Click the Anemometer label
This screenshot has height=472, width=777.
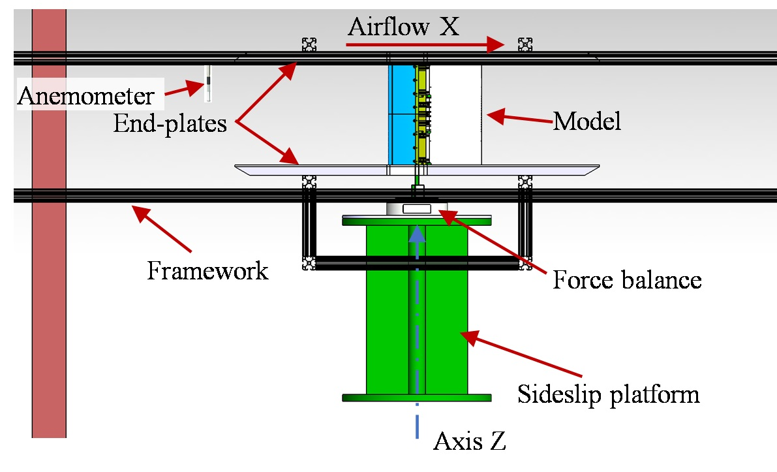86,97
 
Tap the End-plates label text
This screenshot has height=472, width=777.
170,123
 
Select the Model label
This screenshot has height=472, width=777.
587,121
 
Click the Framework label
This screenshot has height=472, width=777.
207,270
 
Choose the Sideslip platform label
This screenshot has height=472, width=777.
608,394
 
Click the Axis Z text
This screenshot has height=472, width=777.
469,442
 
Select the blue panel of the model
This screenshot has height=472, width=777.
399,114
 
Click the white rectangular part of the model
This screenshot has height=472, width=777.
457,114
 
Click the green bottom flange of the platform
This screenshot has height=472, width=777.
416,397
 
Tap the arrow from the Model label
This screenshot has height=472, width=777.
519,118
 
